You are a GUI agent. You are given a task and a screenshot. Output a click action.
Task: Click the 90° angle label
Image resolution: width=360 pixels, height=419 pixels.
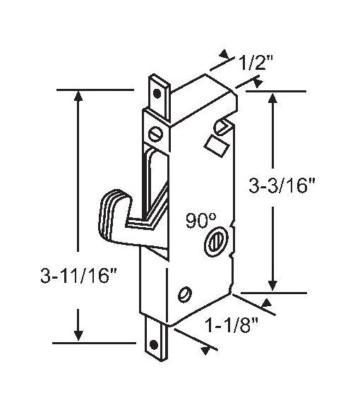click(x=200, y=219)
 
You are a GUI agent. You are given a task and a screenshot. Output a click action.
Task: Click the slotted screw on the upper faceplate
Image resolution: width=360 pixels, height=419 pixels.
click(x=156, y=132)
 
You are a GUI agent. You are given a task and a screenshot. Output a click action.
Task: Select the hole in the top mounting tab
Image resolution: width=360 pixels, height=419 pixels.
click(x=158, y=90)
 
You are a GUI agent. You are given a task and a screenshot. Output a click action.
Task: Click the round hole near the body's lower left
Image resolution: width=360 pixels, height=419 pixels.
click(x=186, y=293)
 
